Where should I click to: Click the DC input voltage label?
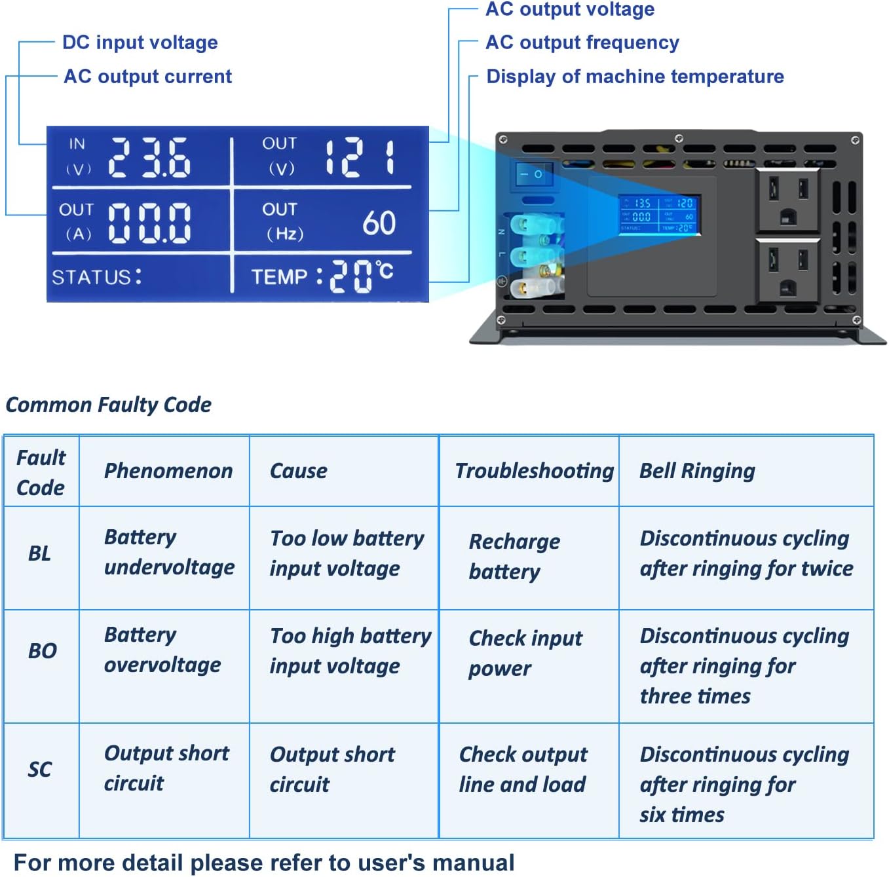tap(140, 43)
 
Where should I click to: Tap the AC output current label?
tap(147, 77)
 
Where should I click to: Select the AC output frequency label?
tap(582, 43)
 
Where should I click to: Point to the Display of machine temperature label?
tap(635, 77)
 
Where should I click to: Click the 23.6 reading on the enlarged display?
tap(149, 158)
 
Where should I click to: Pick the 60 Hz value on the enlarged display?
tap(379, 223)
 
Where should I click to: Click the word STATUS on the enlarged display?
tap(91, 277)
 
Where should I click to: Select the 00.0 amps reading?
tap(149, 223)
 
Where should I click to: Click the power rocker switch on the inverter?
tap(533, 174)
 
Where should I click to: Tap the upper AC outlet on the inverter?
tap(787, 200)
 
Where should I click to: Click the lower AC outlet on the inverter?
tap(787, 270)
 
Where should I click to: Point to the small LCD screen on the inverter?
tap(658, 215)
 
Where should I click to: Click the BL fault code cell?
tap(40, 553)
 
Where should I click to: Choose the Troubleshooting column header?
tap(534, 471)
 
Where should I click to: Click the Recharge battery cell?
tap(514, 556)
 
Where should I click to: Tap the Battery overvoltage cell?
tap(162, 650)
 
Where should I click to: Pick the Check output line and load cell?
tap(523, 770)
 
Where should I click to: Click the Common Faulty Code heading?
tap(108, 405)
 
